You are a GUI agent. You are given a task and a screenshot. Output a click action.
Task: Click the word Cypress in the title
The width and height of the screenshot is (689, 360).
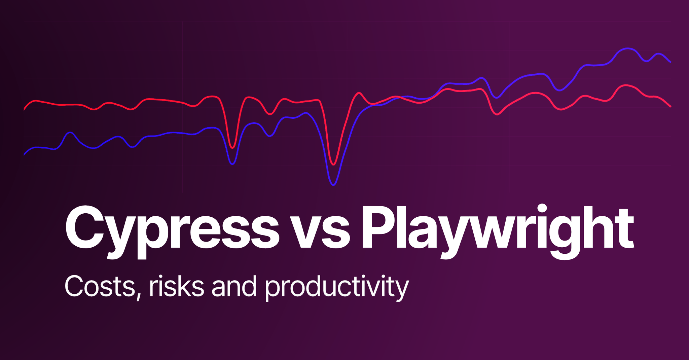click(x=172, y=229)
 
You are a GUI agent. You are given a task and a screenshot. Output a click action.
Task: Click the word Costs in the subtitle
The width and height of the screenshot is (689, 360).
click(x=100, y=286)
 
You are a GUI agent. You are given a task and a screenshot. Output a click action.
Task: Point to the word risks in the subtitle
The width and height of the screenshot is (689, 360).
click(x=176, y=286)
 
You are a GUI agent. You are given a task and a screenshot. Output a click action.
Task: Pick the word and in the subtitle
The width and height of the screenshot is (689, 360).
click(x=234, y=286)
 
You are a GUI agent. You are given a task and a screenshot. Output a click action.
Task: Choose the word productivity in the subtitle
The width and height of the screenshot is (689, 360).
click(x=336, y=288)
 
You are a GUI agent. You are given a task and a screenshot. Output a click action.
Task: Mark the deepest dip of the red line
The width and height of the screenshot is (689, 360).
click(x=333, y=165)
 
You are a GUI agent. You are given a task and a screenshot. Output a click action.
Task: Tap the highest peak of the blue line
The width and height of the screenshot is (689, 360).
click(x=628, y=48)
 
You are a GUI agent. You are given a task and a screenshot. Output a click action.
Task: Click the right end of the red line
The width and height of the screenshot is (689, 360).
click(x=670, y=106)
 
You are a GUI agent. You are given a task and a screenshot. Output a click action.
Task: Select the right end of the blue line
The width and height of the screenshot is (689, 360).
click(x=670, y=62)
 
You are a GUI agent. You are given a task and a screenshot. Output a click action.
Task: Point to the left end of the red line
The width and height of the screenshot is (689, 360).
click(x=24, y=109)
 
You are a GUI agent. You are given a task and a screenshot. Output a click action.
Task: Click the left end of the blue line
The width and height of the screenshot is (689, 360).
click(x=24, y=155)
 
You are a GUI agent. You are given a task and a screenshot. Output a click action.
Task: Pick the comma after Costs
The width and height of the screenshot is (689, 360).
click(x=138, y=296)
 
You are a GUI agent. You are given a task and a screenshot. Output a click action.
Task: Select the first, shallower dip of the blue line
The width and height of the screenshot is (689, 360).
click(x=232, y=164)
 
